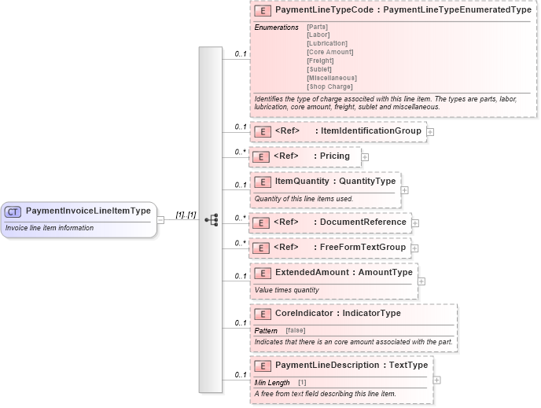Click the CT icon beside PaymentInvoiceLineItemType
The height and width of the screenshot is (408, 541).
coord(13,211)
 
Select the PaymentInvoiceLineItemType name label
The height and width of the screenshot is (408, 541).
coord(87,211)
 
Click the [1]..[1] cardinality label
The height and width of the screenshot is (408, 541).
coord(186,215)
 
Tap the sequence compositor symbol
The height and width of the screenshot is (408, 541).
coord(211,220)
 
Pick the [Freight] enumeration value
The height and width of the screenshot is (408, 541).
coord(320,61)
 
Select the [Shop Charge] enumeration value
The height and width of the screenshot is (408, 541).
coord(329,86)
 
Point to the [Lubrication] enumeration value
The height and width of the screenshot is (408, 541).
coord(326,43)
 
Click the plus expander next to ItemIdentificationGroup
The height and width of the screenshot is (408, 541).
coord(430,132)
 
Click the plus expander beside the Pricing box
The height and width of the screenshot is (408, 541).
coord(365,157)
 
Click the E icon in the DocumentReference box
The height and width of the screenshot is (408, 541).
coord(262,222)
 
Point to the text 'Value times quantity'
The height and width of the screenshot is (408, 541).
coord(286,289)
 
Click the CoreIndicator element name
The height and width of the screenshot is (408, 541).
coord(307,314)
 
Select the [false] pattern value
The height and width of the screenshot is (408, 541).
coord(296,330)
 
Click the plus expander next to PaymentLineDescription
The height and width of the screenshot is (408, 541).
coord(437,380)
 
